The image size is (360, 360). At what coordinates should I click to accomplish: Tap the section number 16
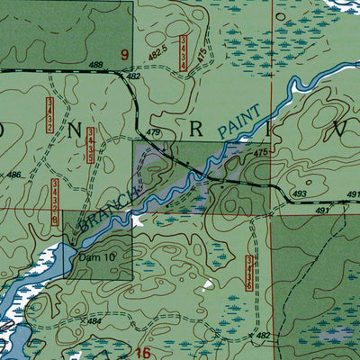pos(144,352)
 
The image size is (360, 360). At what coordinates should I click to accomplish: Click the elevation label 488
pos(96,65)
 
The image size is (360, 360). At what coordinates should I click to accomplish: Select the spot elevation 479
pos(153,133)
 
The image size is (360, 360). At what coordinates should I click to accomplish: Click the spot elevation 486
pos(13,174)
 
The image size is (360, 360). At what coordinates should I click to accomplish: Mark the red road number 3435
pos(92,146)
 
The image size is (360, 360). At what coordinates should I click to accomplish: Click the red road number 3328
pos(55,201)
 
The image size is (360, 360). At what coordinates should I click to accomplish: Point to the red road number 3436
pos(249,274)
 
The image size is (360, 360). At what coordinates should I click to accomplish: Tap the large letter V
pos(341,127)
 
